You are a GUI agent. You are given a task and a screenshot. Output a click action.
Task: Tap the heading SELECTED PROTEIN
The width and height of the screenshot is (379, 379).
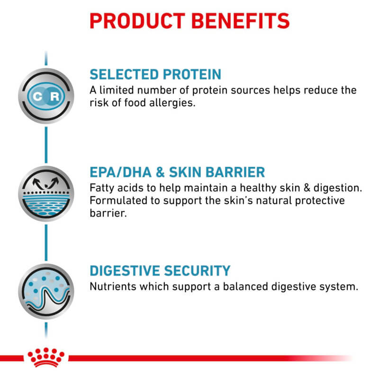coord(155,74)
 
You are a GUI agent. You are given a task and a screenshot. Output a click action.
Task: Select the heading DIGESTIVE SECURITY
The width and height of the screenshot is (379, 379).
coord(160,271)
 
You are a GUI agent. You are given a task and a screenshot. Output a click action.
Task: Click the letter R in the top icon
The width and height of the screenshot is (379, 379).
coord(55,96)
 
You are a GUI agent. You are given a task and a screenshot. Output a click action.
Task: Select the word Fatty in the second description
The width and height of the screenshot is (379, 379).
coord(102,188)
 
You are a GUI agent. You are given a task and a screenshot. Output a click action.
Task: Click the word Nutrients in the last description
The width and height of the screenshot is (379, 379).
coord(112,287)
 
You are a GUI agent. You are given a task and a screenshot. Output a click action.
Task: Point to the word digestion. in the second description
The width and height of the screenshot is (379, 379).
coord(339,188)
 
